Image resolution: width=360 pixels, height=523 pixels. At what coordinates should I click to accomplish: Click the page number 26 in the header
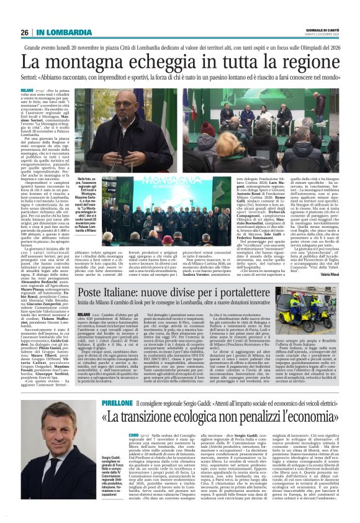(25, 32)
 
